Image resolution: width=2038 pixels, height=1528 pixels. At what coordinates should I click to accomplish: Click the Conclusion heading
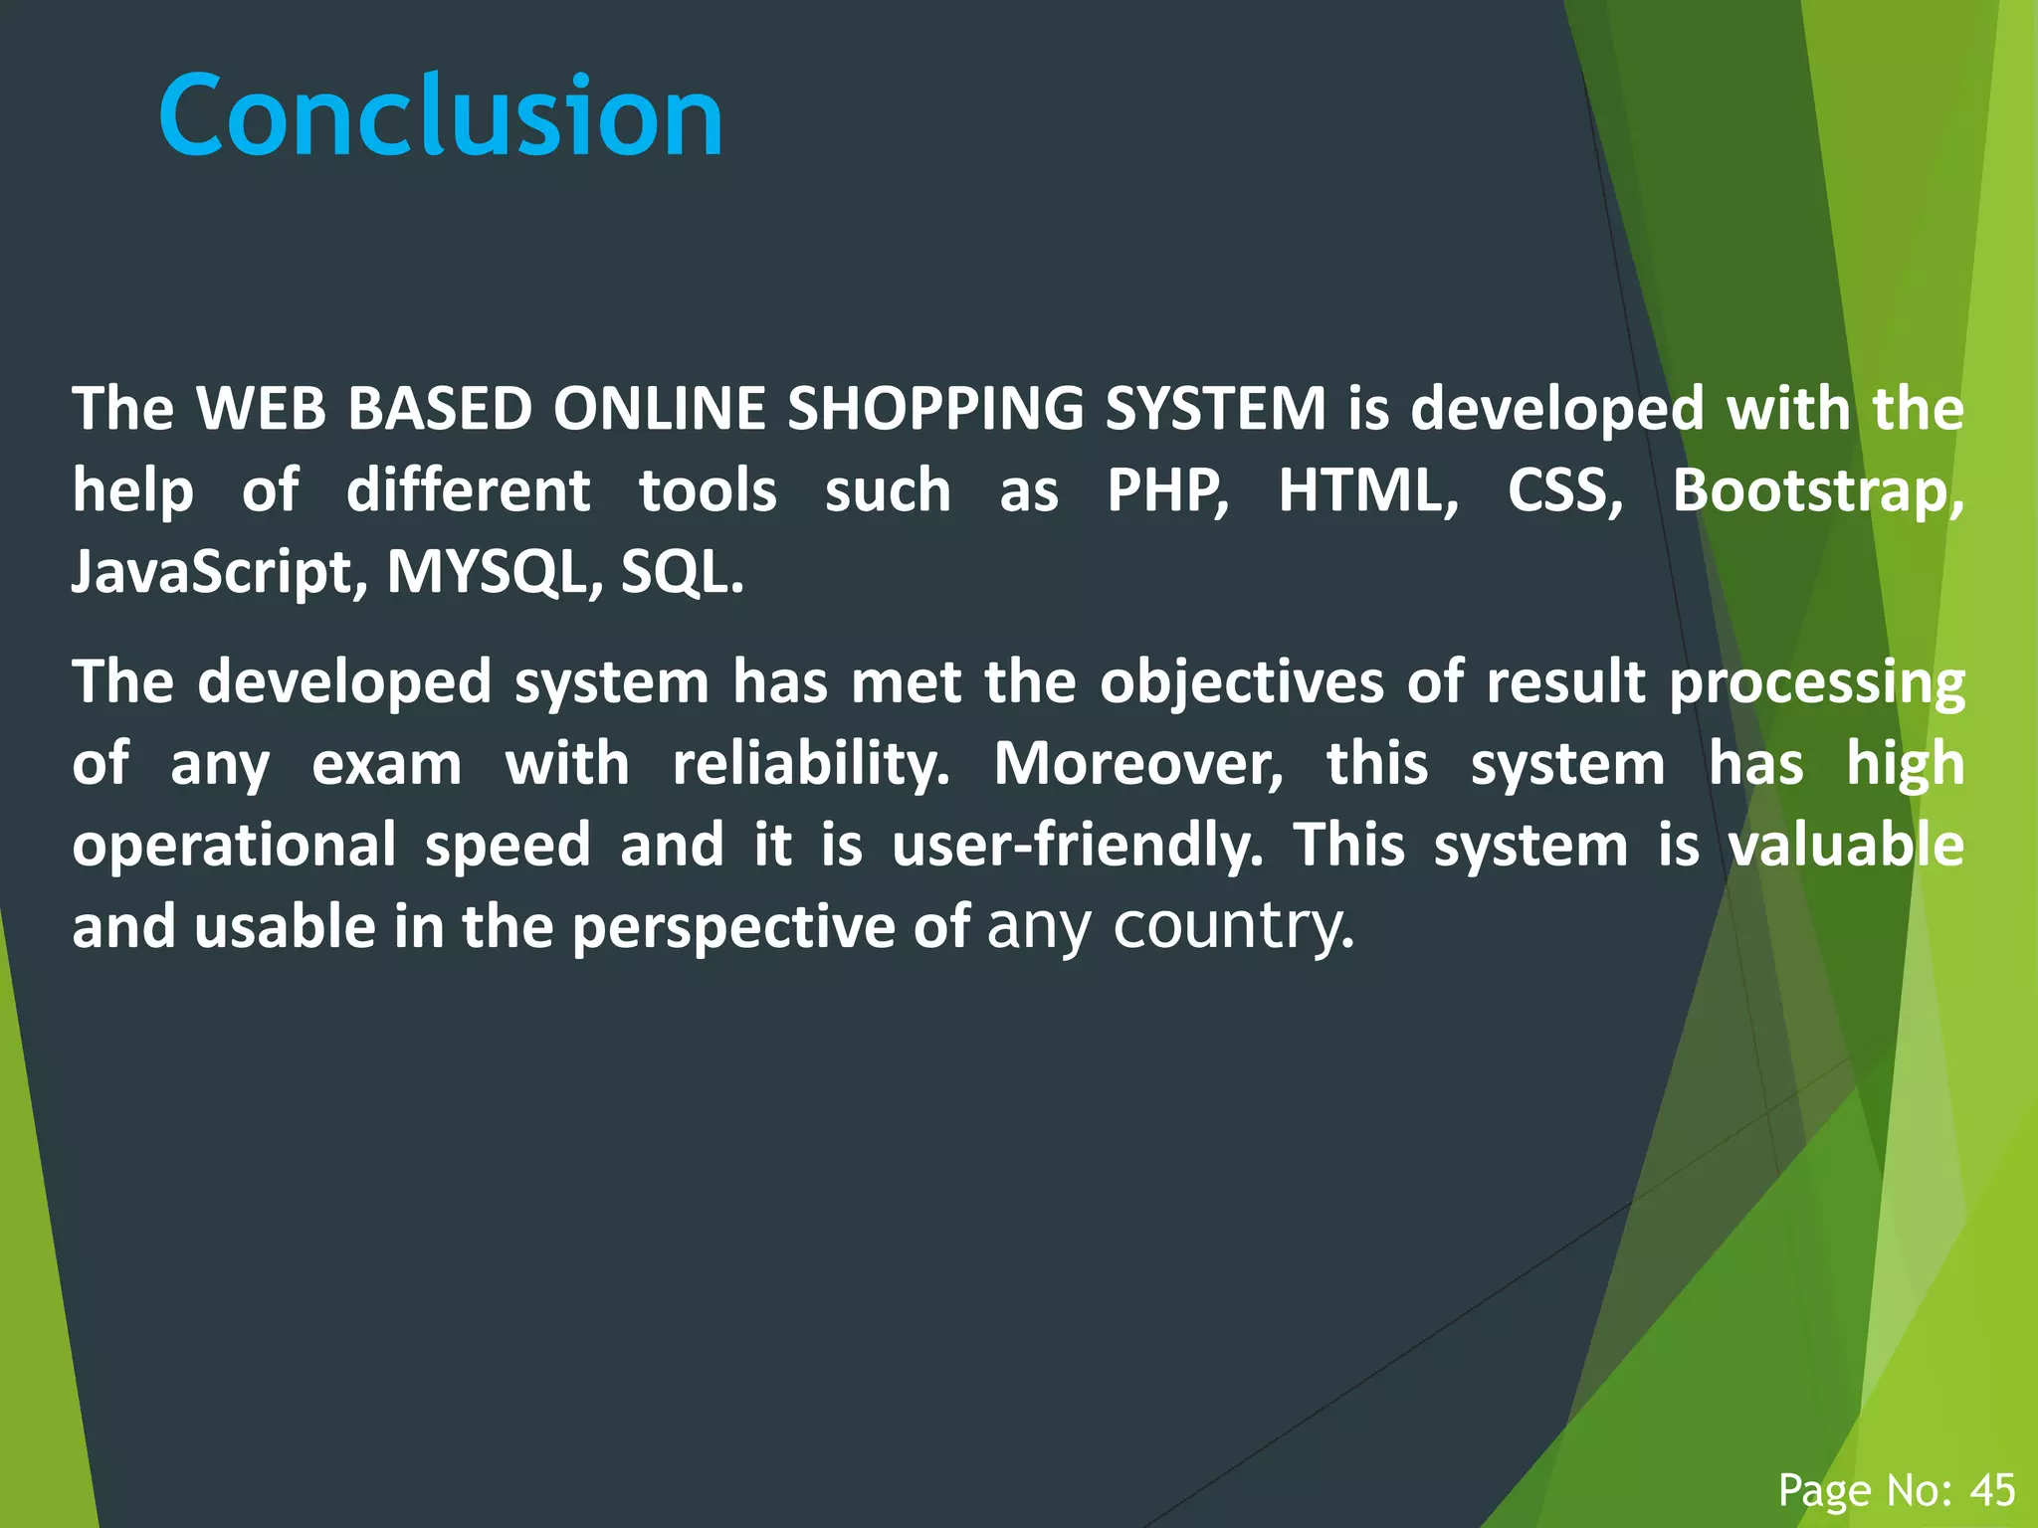[x=440, y=116]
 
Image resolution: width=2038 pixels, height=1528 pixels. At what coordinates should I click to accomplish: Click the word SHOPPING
[x=934, y=409]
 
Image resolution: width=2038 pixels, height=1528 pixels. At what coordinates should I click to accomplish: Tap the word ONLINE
[x=659, y=409]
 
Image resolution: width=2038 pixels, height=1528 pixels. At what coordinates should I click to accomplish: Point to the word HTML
[x=1365, y=490]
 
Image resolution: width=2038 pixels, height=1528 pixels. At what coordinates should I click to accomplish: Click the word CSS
[x=1562, y=490]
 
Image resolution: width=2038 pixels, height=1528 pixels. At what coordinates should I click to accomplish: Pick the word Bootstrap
[x=1817, y=492]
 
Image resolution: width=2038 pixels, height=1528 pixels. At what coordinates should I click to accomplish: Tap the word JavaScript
[x=212, y=574]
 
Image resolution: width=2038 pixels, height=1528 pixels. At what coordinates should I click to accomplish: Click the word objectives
[x=1242, y=683]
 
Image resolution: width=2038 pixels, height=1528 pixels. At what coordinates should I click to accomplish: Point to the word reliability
[x=810, y=765]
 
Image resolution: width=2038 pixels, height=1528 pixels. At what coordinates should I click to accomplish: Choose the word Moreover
[x=1137, y=765]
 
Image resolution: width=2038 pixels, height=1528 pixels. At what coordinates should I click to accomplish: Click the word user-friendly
[x=1077, y=847]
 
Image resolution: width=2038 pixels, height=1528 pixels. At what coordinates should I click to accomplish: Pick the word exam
[x=386, y=765]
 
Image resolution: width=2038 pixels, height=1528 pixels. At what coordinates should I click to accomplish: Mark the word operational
[x=234, y=847]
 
